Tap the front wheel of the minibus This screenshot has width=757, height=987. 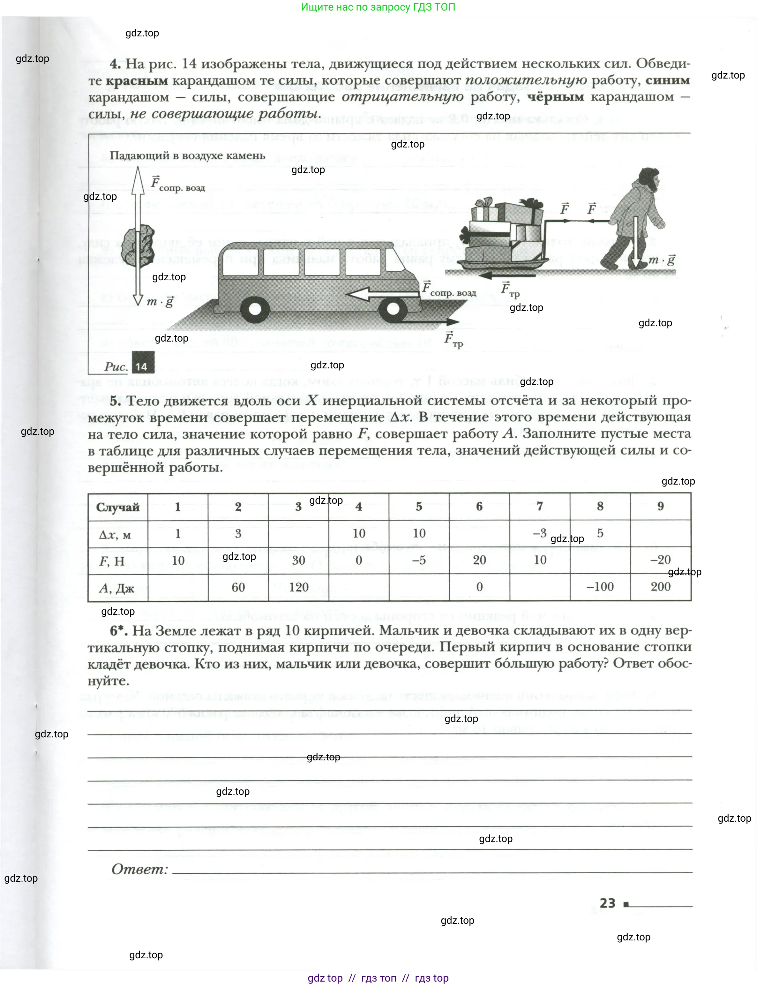(393, 308)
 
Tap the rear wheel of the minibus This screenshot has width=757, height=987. (255, 309)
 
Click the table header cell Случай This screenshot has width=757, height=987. (118, 507)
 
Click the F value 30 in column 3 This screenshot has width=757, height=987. (298, 560)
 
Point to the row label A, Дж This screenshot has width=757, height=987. (116, 588)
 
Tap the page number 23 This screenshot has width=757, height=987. (607, 903)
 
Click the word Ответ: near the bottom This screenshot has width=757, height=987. (140, 869)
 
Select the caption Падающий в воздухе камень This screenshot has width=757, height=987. (187, 156)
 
